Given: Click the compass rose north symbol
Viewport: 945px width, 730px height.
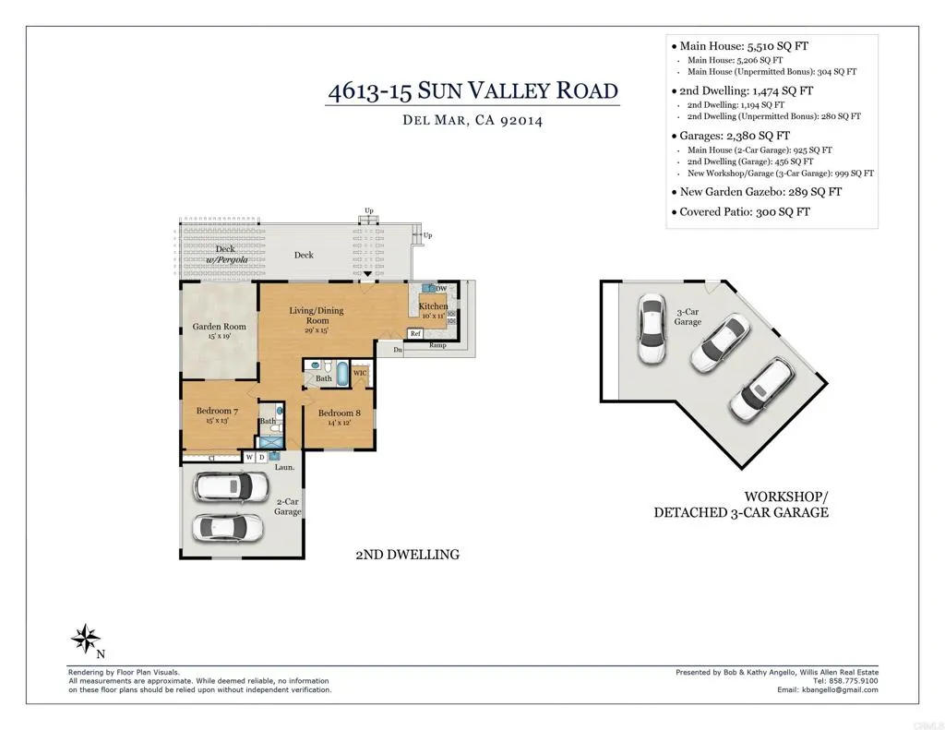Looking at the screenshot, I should (x=86, y=638).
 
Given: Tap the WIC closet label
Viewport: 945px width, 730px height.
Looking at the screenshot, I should (x=361, y=373).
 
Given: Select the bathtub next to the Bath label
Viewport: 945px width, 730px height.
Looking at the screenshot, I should (x=342, y=375).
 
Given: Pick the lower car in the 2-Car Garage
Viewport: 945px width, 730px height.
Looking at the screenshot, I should (x=227, y=527).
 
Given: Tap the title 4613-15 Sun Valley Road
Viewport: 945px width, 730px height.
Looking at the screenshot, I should (x=472, y=91).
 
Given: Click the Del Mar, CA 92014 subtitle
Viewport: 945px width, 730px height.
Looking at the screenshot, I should (x=472, y=120).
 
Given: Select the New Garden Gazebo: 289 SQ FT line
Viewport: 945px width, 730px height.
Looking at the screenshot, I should (x=760, y=192).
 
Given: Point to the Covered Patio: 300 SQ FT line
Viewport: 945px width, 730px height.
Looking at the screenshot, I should (x=745, y=212).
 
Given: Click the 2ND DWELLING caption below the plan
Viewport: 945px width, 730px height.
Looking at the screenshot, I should (x=407, y=555).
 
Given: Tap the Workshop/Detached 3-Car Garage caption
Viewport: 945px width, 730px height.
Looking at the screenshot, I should (x=741, y=504).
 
